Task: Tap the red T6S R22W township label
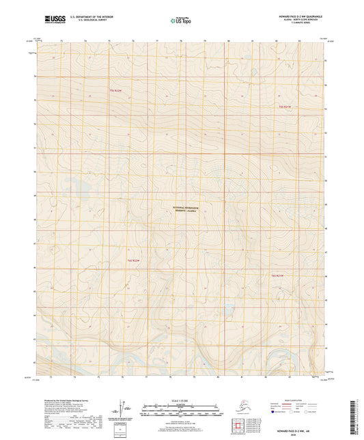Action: coord(133,260)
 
